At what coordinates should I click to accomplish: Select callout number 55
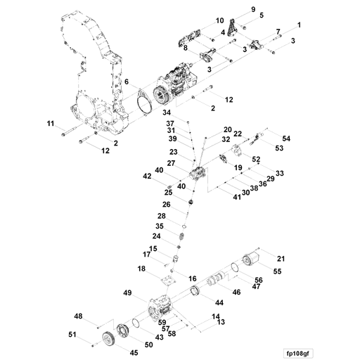277,271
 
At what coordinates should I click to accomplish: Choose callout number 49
128,292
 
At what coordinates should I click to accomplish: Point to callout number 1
299,25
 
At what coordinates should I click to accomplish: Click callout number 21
281,259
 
